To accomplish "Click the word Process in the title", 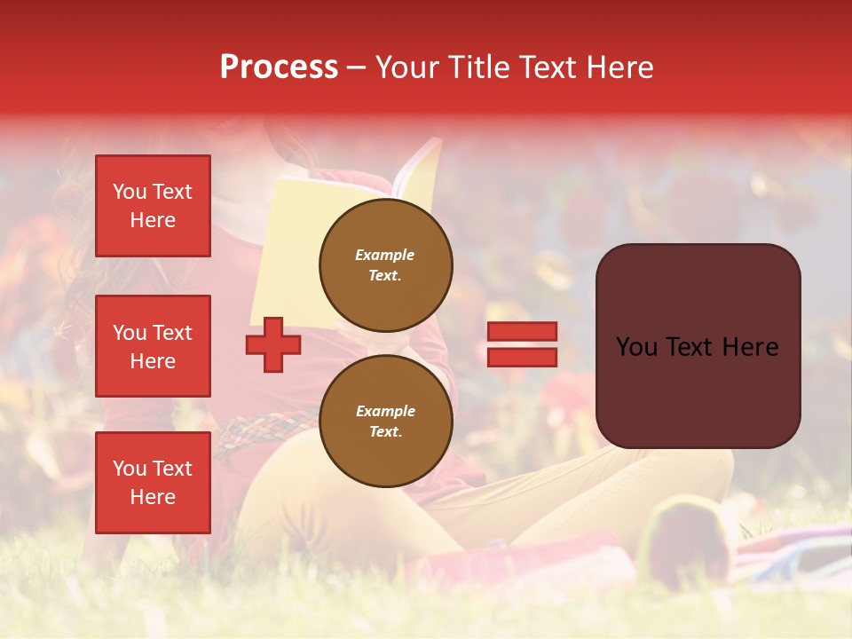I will (x=279, y=67).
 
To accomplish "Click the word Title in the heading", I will (x=477, y=67).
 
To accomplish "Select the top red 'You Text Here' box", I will (x=153, y=206).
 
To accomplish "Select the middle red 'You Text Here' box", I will (x=153, y=346).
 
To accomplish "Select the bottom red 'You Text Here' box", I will (x=153, y=482).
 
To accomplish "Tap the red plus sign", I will (x=273, y=345).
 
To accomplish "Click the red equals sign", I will (x=522, y=344).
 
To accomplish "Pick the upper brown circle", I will (x=386, y=265).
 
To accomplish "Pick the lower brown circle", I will (x=386, y=422).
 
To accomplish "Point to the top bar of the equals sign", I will (x=522, y=332).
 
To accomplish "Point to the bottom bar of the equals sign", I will (x=522, y=357).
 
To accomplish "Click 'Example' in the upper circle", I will (x=385, y=255).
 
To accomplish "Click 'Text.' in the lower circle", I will (x=385, y=432).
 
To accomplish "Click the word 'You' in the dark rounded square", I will (x=636, y=347).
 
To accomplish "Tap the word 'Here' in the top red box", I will (x=153, y=220).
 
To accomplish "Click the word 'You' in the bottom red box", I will (x=130, y=469).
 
